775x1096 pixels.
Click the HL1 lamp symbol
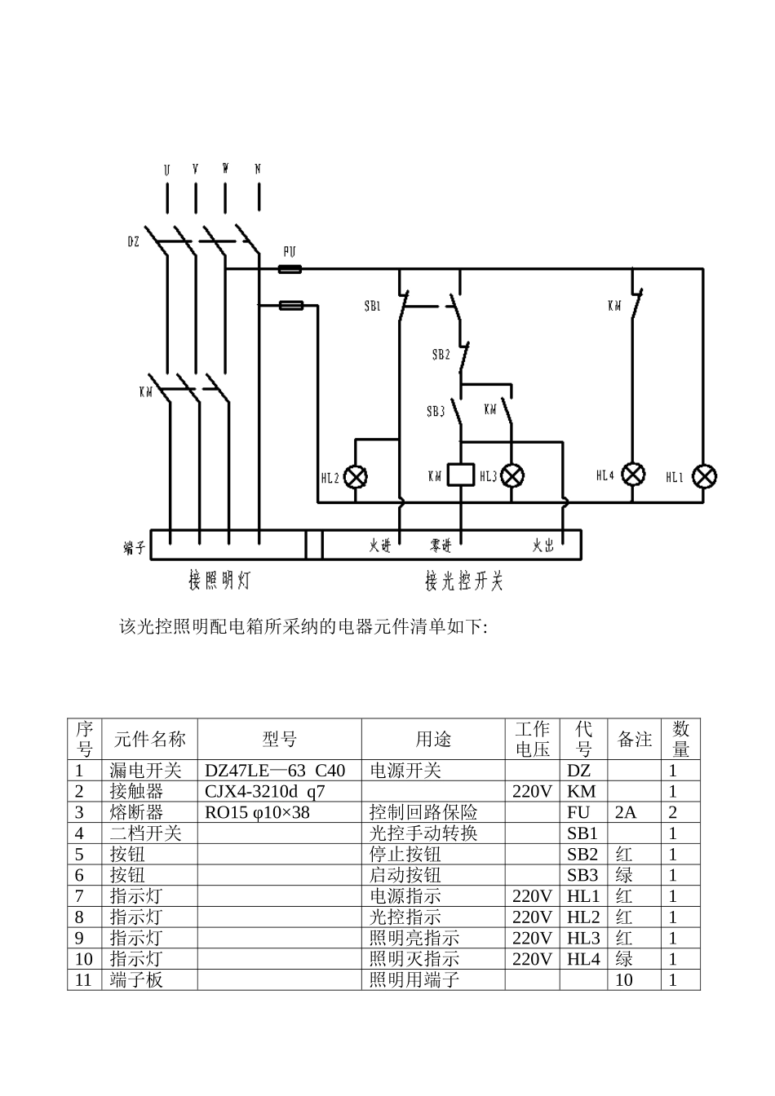click(705, 476)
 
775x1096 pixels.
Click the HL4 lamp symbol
click(634, 475)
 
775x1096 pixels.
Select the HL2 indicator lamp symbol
click(356, 477)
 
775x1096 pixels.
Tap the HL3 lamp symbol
click(511, 475)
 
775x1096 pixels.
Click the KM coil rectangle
click(462, 475)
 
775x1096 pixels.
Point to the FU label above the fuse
click(289, 252)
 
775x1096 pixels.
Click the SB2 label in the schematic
click(441, 355)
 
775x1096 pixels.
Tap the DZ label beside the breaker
click(134, 241)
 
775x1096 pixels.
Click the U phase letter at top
click(166, 170)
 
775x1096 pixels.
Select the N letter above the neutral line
click(258, 170)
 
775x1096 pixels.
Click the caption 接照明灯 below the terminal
click(219, 581)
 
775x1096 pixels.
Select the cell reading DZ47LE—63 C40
click(275, 771)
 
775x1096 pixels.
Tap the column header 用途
click(432, 740)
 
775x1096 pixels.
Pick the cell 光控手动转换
click(423, 833)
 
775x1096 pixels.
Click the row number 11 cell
click(83, 980)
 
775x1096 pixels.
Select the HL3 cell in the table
click(583, 939)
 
